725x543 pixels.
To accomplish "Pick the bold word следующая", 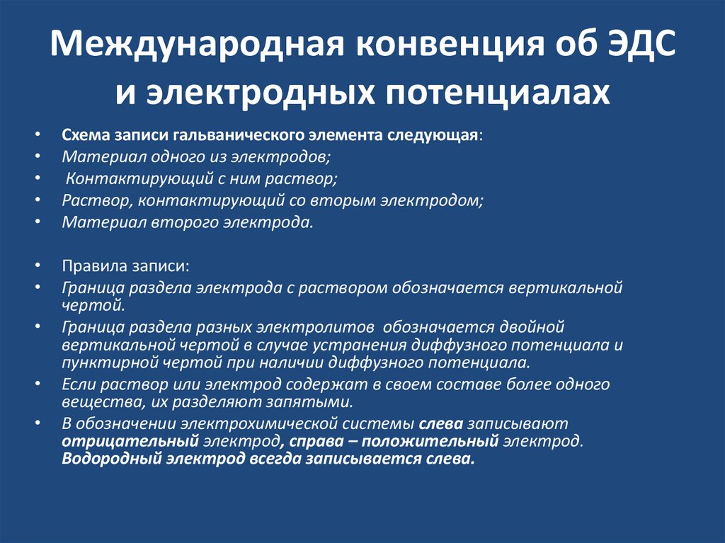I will point(435,136).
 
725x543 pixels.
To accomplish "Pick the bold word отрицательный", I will point(130,442).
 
